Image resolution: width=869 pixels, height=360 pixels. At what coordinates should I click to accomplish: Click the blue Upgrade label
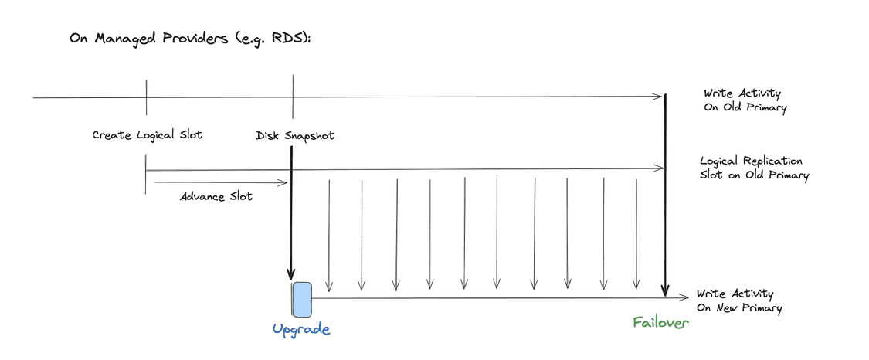coord(301,330)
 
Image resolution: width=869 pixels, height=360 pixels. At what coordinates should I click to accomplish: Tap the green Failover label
coord(661,322)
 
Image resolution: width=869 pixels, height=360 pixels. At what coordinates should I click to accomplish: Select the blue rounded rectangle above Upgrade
coord(302,300)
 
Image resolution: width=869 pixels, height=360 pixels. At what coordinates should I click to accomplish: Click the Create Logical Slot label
coord(147,135)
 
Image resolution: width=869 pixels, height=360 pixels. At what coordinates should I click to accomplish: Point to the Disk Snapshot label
coord(295,136)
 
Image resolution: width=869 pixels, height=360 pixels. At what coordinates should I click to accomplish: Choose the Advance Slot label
coord(216,197)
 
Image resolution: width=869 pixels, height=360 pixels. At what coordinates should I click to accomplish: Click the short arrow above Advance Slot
coord(222,182)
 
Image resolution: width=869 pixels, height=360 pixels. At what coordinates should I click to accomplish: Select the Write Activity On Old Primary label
coord(745,100)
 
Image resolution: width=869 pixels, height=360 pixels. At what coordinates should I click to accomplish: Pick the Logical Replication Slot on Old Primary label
coord(754,168)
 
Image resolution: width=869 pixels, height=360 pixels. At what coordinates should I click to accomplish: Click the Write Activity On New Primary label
coord(739,301)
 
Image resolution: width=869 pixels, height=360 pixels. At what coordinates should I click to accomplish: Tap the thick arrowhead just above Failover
coord(666,290)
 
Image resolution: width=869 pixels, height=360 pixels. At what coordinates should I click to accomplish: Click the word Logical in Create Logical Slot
coord(156,136)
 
